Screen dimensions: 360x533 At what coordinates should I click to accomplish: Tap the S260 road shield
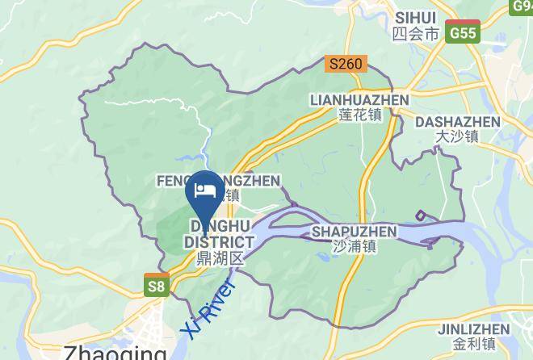click(x=346, y=63)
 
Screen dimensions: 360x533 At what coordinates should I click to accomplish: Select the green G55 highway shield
click(x=464, y=33)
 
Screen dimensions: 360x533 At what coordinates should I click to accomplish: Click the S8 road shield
click(x=157, y=285)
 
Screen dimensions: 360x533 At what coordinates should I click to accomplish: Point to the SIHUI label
click(x=416, y=17)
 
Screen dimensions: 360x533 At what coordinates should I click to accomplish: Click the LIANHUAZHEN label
click(x=359, y=99)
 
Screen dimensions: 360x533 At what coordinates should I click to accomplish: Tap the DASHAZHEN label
click(x=456, y=122)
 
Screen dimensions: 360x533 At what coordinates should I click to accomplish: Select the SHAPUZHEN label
click(x=354, y=232)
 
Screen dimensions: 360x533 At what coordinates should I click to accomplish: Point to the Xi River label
click(x=208, y=310)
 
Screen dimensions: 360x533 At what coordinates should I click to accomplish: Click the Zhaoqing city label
click(x=114, y=352)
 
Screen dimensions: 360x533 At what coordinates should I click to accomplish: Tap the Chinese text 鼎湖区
click(x=220, y=258)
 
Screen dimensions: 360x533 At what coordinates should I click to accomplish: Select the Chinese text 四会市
click(x=414, y=34)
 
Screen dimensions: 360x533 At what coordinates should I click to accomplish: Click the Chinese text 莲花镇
click(x=359, y=115)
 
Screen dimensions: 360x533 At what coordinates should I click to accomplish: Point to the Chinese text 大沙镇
click(x=456, y=137)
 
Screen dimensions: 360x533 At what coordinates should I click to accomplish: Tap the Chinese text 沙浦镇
click(x=354, y=247)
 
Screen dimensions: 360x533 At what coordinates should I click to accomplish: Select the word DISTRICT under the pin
click(x=219, y=242)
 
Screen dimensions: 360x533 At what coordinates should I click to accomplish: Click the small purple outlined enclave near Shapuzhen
click(x=421, y=216)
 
